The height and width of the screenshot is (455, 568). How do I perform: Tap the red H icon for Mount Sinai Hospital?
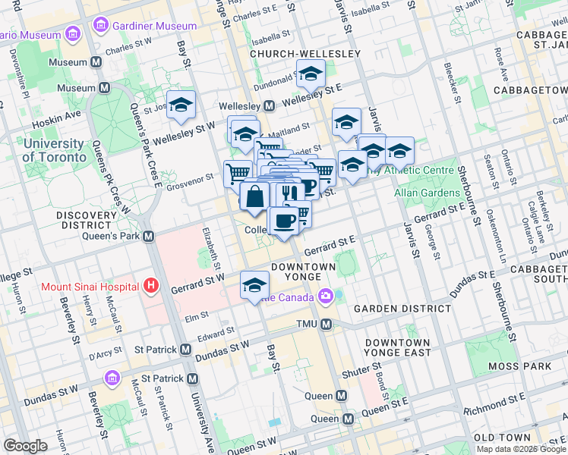152,286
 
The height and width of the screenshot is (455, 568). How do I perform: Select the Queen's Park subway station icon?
149,236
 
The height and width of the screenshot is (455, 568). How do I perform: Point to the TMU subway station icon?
327,324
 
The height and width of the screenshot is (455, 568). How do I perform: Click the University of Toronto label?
54,150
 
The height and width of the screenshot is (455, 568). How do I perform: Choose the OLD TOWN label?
502,438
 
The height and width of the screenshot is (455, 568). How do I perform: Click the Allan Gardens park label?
424,193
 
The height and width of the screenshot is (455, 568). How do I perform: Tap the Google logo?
25,446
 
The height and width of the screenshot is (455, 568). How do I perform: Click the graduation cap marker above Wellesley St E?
310,74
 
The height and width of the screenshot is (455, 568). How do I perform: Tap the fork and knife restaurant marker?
286,193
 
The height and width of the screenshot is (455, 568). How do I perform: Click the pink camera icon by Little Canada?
326,296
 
